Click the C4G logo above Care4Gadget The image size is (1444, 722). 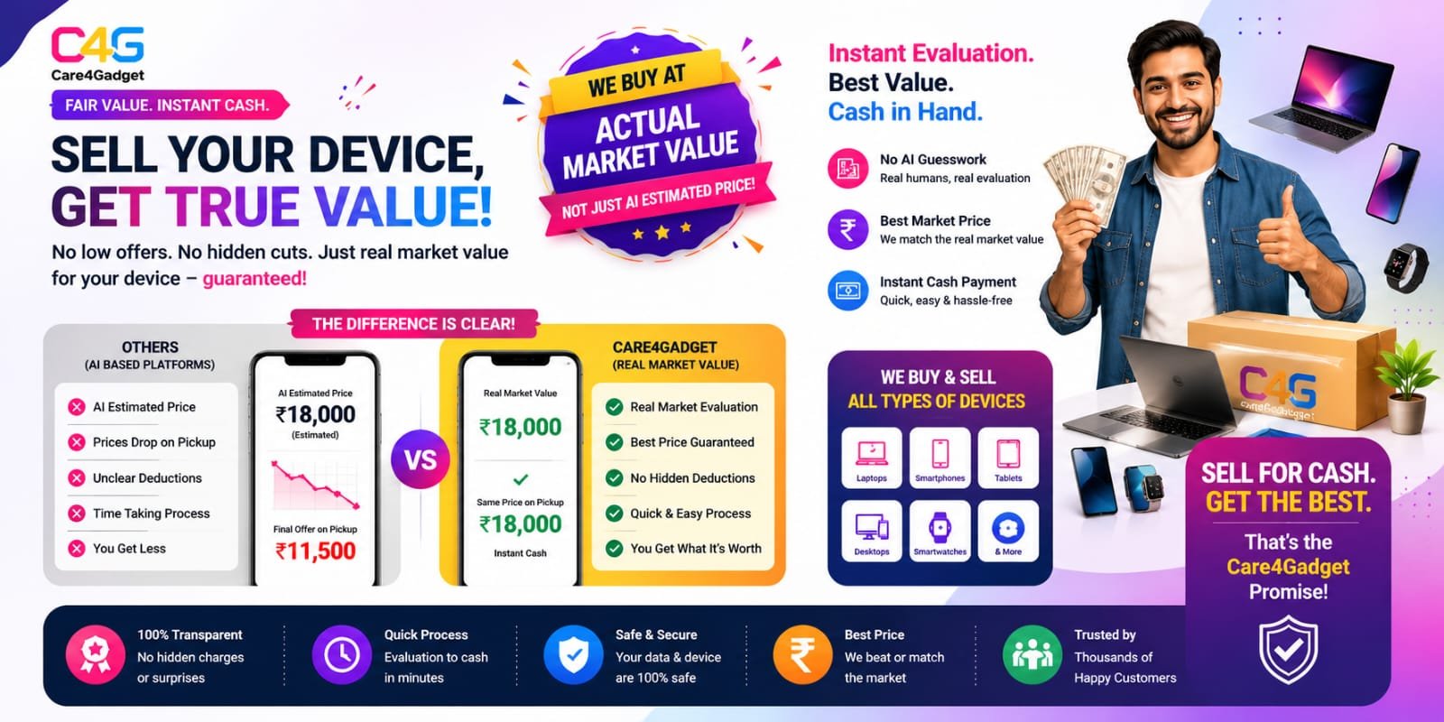point(97,45)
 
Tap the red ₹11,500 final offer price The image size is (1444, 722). point(315,551)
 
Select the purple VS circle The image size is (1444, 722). point(421,459)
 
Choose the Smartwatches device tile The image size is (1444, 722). point(940,532)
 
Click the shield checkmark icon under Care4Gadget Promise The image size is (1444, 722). point(1288,649)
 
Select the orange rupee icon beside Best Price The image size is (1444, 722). point(802,655)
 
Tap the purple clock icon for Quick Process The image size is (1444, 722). point(342,655)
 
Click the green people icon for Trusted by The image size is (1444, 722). point(1032,655)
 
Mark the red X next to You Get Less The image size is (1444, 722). point(77,549)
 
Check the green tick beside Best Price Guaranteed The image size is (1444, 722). point(615,442)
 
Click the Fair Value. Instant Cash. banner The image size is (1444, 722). point(169,105)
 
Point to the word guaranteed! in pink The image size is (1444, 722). point(255,279)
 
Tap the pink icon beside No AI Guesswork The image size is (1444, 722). point(847,168)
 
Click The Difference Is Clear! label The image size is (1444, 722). point(413,324)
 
